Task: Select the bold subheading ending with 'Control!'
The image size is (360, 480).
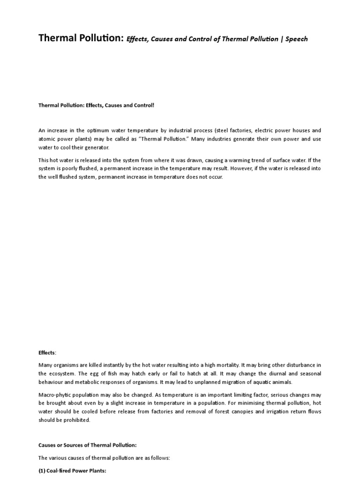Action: (96, 105)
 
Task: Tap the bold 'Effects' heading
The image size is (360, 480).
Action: (47, 352)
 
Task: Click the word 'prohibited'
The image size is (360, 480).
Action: (75, 420)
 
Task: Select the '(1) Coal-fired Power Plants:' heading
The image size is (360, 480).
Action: (73, 470)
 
